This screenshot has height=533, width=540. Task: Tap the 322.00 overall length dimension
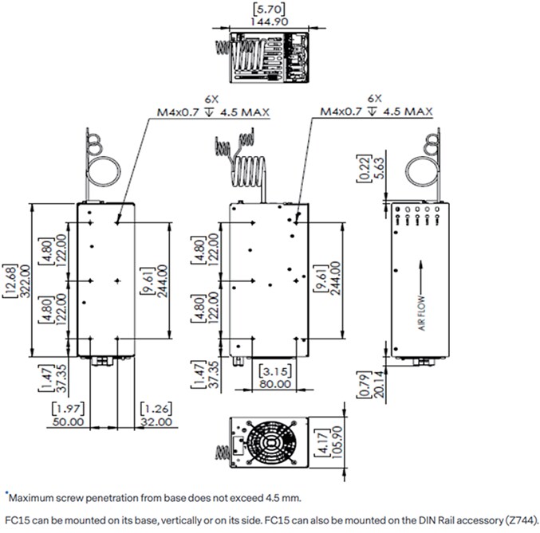24,281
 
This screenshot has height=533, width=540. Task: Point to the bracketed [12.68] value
10,281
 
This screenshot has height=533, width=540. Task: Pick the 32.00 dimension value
156,421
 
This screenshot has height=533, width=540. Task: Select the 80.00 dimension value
275,383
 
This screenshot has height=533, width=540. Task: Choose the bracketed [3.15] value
275,370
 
